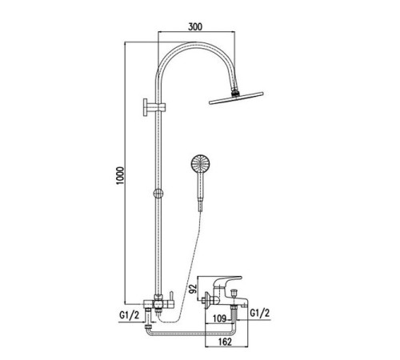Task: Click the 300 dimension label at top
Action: (x=195, y=26)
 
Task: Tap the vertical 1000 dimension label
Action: (x=120, y=175)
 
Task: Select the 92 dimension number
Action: (x=194, y=289)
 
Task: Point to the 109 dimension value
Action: (x=220, y=318)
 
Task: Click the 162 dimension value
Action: (x=226, y=342)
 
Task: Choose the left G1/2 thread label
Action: (x=129, y=315)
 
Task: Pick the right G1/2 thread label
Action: (x=260, y=313)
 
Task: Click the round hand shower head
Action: (x=201, y=163)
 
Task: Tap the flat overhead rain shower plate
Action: (x=236, y=98)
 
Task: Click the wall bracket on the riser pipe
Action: (x=154, y=107)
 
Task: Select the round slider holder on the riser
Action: (x=158, y=194)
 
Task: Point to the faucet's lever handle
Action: (x=229, y=282)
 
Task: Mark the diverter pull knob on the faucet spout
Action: (x=234, y=294)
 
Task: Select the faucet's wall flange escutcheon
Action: (x=207, y=300)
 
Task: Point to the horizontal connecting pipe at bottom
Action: (x=190, y=334)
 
